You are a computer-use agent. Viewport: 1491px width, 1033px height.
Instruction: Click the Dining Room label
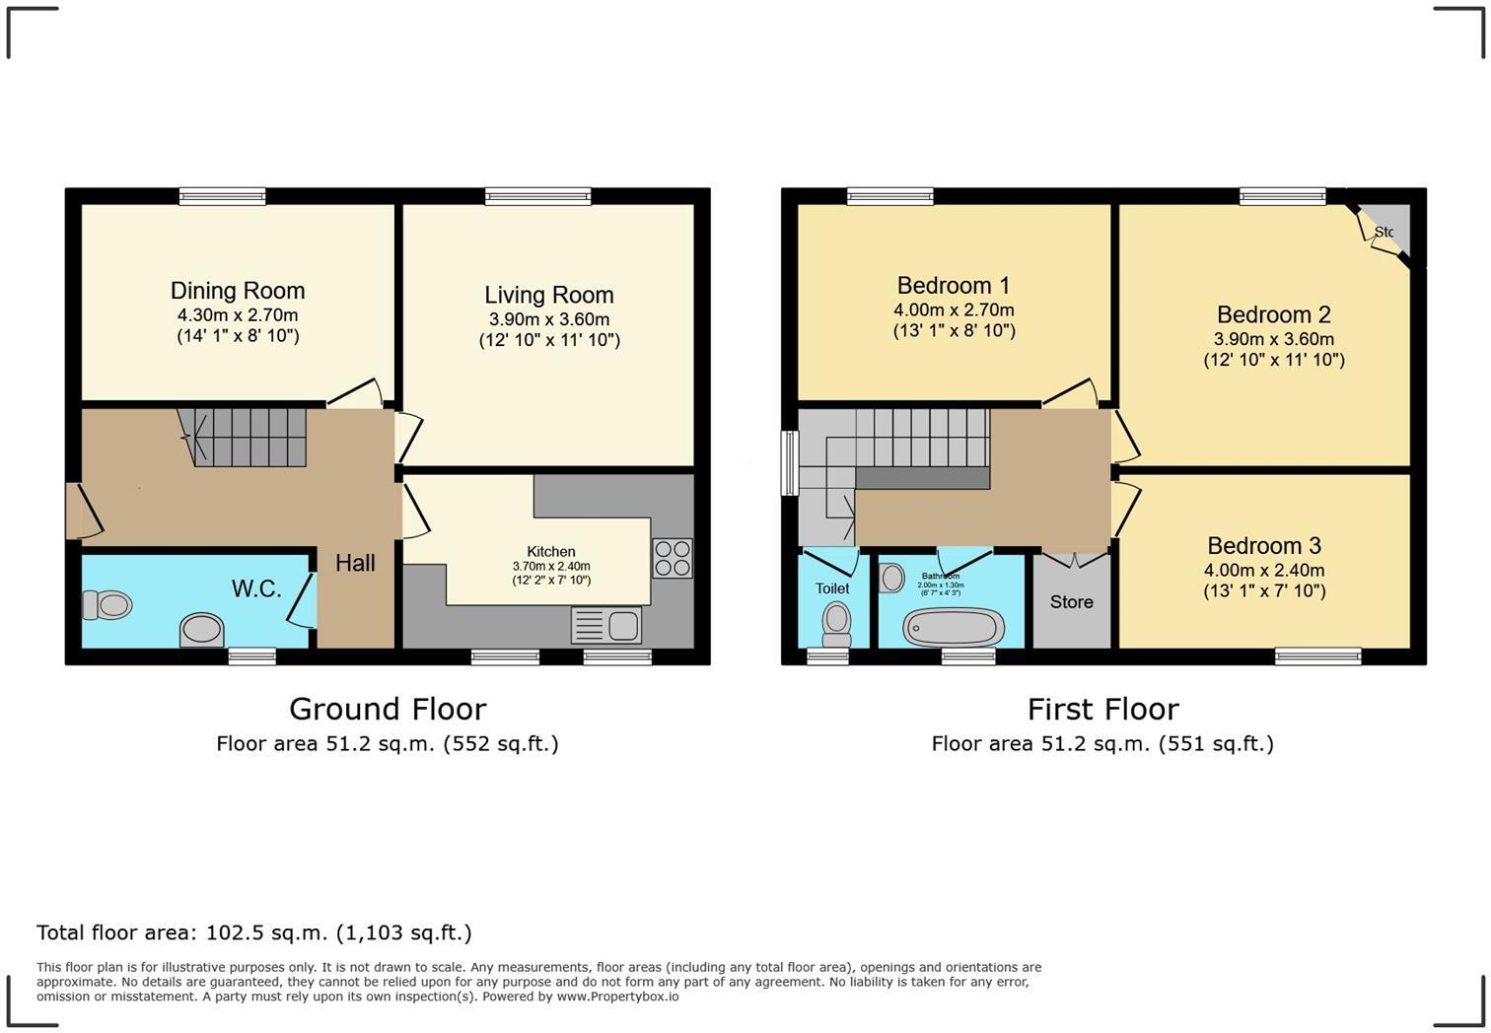click(x=238, y=291)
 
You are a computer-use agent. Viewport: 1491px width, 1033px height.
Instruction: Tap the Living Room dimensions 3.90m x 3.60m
click(x=549, y=319)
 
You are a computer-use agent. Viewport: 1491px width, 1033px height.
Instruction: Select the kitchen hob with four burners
click(x=673, y=558)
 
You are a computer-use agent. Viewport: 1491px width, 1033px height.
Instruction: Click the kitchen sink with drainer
click(x=606, y=625)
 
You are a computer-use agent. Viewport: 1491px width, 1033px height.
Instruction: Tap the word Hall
click(x=355, y=563)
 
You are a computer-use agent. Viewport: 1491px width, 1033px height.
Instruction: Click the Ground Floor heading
click(x=388, y=709)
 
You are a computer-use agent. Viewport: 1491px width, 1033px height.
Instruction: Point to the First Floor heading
click(x=1102, y=709)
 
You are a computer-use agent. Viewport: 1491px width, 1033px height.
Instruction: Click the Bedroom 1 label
click(x=954, y=286)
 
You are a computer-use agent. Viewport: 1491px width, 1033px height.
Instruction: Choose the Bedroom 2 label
click(x=1274, y=314)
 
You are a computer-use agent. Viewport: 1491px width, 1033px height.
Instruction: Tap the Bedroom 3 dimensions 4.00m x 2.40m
click(x=1264, y=570)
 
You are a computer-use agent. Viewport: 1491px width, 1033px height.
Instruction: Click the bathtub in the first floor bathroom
click(x=953, y=627)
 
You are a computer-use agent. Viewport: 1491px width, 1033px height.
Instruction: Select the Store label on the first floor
click(x=1071, y=602)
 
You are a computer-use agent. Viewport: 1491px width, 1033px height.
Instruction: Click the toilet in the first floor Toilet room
click(x=836, y=622)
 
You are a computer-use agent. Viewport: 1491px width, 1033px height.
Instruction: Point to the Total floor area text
click(x=254, y=932)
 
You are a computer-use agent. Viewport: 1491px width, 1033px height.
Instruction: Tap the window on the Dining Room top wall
click(x=222, y=196)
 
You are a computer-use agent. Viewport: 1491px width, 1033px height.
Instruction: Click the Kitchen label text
click(x=551, y=552)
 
